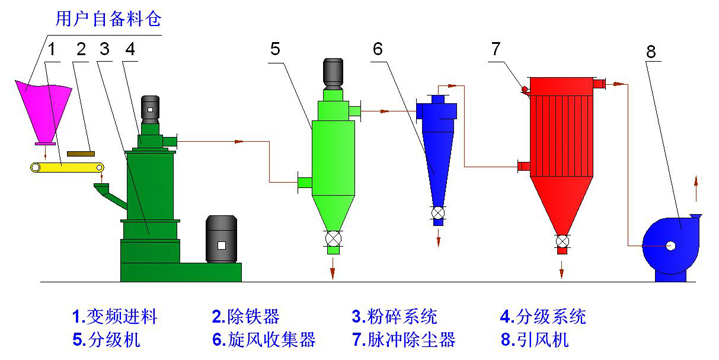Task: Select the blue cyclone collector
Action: coord(437,150)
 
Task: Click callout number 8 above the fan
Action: coord(652,50)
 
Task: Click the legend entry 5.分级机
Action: coord(107,338)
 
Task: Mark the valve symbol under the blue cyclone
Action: coord(438,213)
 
